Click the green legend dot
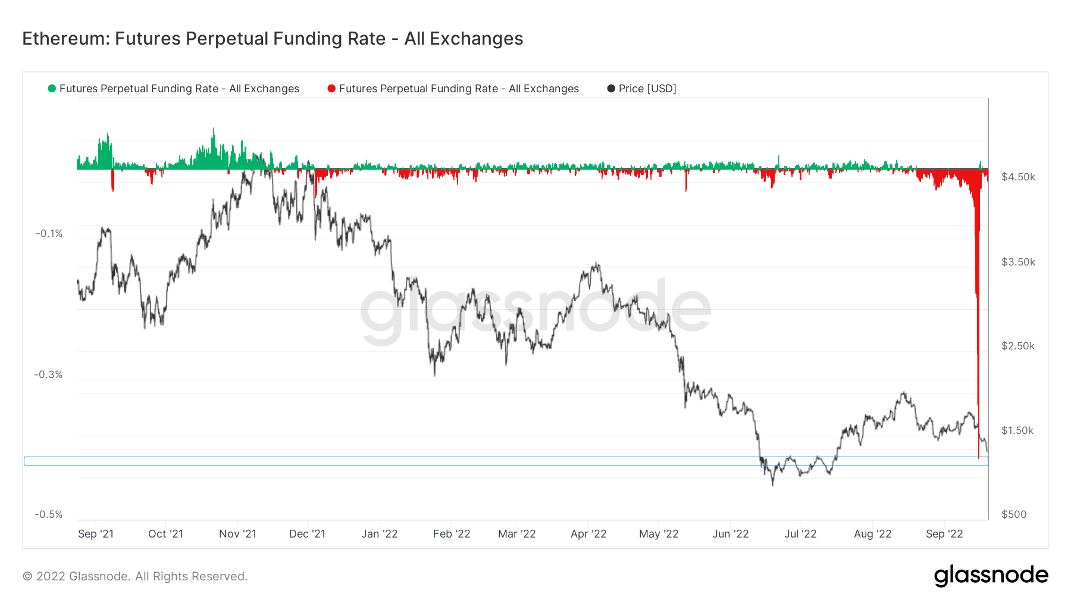(52, 89)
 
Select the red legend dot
(331, 89)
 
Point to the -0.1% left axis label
(49, 233)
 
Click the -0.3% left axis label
(49, 374)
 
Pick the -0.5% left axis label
(49, 514)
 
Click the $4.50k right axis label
(1018, 177)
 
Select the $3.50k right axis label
(1018, 262)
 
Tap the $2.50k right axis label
(1018, 346)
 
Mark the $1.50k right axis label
(1018, 430)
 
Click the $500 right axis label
(1014, 514)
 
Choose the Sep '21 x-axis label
(96, 534)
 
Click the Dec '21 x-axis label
(307, 534)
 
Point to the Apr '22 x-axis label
(588, 534)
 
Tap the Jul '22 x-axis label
(800, 534)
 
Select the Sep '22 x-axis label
(944, 534)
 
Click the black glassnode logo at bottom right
(991, 576)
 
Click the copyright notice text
(135, 576)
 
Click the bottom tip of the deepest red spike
(979, 458)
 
